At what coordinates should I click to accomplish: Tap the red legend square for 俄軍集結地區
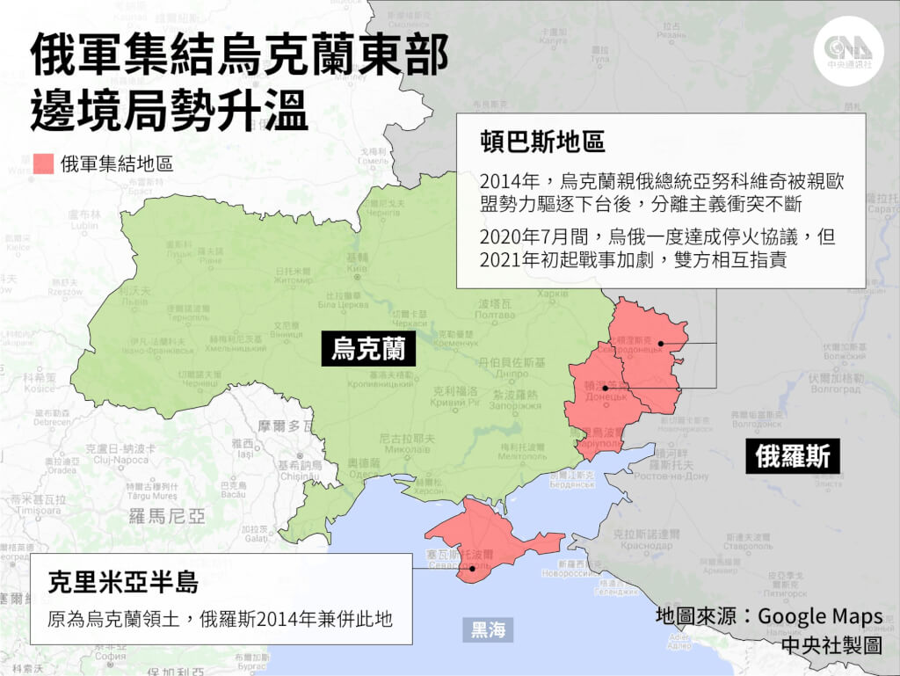point(43,164)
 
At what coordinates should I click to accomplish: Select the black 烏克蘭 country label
point(368,348)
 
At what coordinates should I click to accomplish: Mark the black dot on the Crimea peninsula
point(473,568)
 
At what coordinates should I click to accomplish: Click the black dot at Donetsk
point(606,388)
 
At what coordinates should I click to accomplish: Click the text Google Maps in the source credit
point(820,616)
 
